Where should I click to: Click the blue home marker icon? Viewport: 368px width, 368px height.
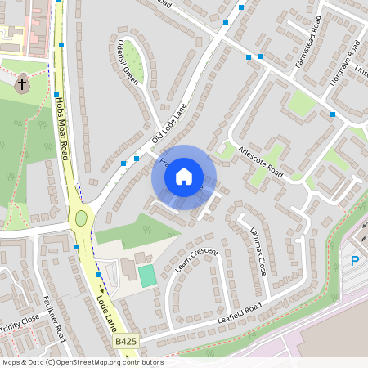184,177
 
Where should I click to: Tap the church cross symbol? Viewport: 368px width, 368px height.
23,83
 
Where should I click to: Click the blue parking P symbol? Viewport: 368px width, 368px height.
355,262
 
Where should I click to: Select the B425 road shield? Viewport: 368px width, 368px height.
126,341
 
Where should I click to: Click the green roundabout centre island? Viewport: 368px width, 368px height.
81,218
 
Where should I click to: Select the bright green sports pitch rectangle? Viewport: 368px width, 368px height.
147,276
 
